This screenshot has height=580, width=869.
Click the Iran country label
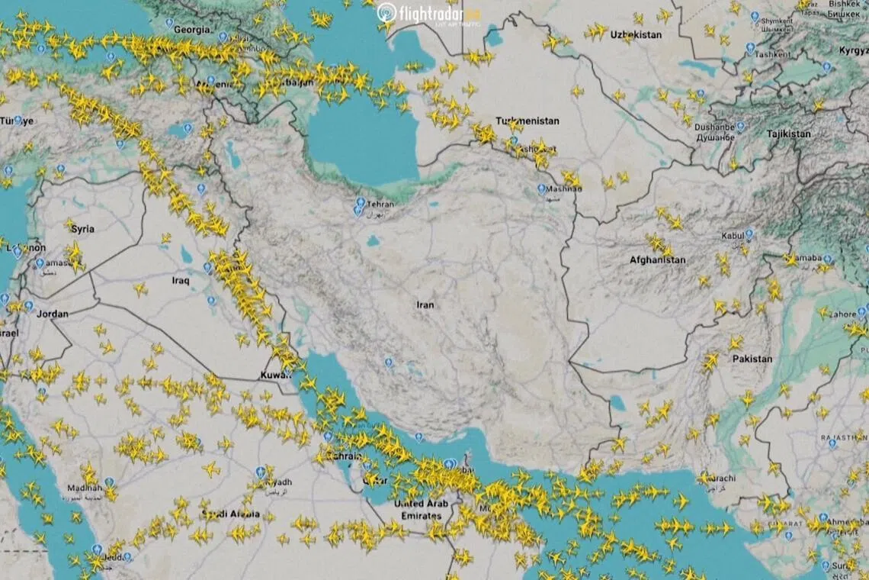(x=425, y=305)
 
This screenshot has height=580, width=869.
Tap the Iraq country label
(x=180, y=281)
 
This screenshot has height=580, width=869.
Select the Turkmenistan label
(x=527, y=121)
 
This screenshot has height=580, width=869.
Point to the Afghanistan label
(x=657, y=260)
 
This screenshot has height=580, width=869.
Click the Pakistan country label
(x=752, y=359)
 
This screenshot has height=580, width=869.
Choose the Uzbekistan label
(x=636, y=35)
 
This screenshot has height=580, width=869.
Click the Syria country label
(x=82, y=229)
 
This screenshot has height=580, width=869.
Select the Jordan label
(x=53, y=314)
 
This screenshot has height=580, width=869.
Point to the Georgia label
(x=192, y=30)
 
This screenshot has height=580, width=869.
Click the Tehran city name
(x=380, y=205)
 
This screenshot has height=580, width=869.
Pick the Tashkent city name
(x=772, y=55)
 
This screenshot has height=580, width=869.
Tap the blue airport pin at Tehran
(x=360, y=203)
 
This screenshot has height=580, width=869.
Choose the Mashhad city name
(x=565, y=188)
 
